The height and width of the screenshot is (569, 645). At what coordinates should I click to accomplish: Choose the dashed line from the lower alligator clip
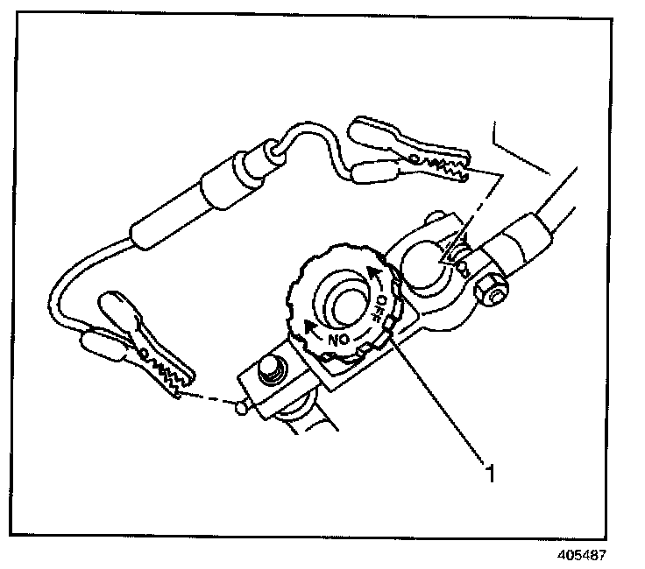[x=211, y=399]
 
